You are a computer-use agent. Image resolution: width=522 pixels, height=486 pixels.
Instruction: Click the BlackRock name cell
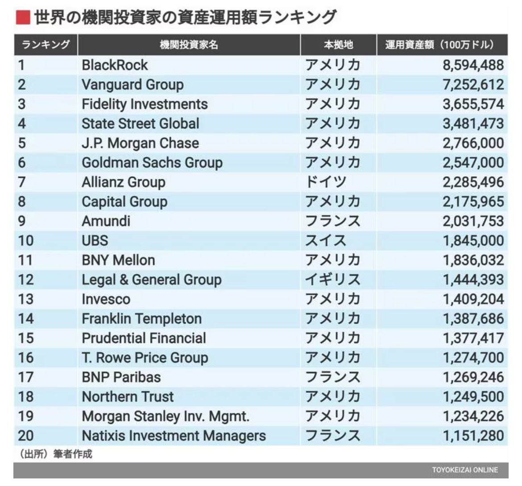[115, 65]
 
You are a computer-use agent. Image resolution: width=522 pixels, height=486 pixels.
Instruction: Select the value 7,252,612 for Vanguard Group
[473, 85]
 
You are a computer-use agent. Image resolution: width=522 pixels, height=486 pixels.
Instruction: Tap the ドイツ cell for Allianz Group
[326, 182]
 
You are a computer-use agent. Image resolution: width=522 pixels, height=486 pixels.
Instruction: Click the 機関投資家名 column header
[189, 45]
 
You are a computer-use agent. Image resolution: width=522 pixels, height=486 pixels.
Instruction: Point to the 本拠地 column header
[338, 45]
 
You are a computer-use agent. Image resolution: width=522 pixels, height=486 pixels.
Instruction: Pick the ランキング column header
[46, 45]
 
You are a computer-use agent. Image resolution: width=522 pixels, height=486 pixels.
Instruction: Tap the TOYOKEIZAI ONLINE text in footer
[464, 470]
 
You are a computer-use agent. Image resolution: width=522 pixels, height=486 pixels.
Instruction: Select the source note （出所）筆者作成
[55, 454]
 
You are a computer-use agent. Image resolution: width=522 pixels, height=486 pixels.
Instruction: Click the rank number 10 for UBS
[26, 241]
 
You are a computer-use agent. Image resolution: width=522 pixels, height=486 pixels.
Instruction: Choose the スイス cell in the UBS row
[326, 241]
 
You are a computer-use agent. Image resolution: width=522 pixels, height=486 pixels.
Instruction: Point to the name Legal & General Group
[151, 280]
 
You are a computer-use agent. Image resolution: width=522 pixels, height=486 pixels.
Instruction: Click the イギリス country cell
[332, 280]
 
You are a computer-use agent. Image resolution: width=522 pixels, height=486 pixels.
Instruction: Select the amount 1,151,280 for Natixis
[473, 436]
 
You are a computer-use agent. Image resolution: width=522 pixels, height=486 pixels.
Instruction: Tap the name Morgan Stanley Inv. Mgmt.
[166, 416]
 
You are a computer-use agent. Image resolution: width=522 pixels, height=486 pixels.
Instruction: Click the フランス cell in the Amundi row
[332, 221]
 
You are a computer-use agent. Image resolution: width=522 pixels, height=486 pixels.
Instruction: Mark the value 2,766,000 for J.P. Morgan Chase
[473, 143]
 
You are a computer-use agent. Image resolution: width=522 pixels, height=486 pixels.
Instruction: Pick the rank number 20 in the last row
[26, 436]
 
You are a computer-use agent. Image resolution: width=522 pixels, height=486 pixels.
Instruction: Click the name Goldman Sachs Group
[152, 163]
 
